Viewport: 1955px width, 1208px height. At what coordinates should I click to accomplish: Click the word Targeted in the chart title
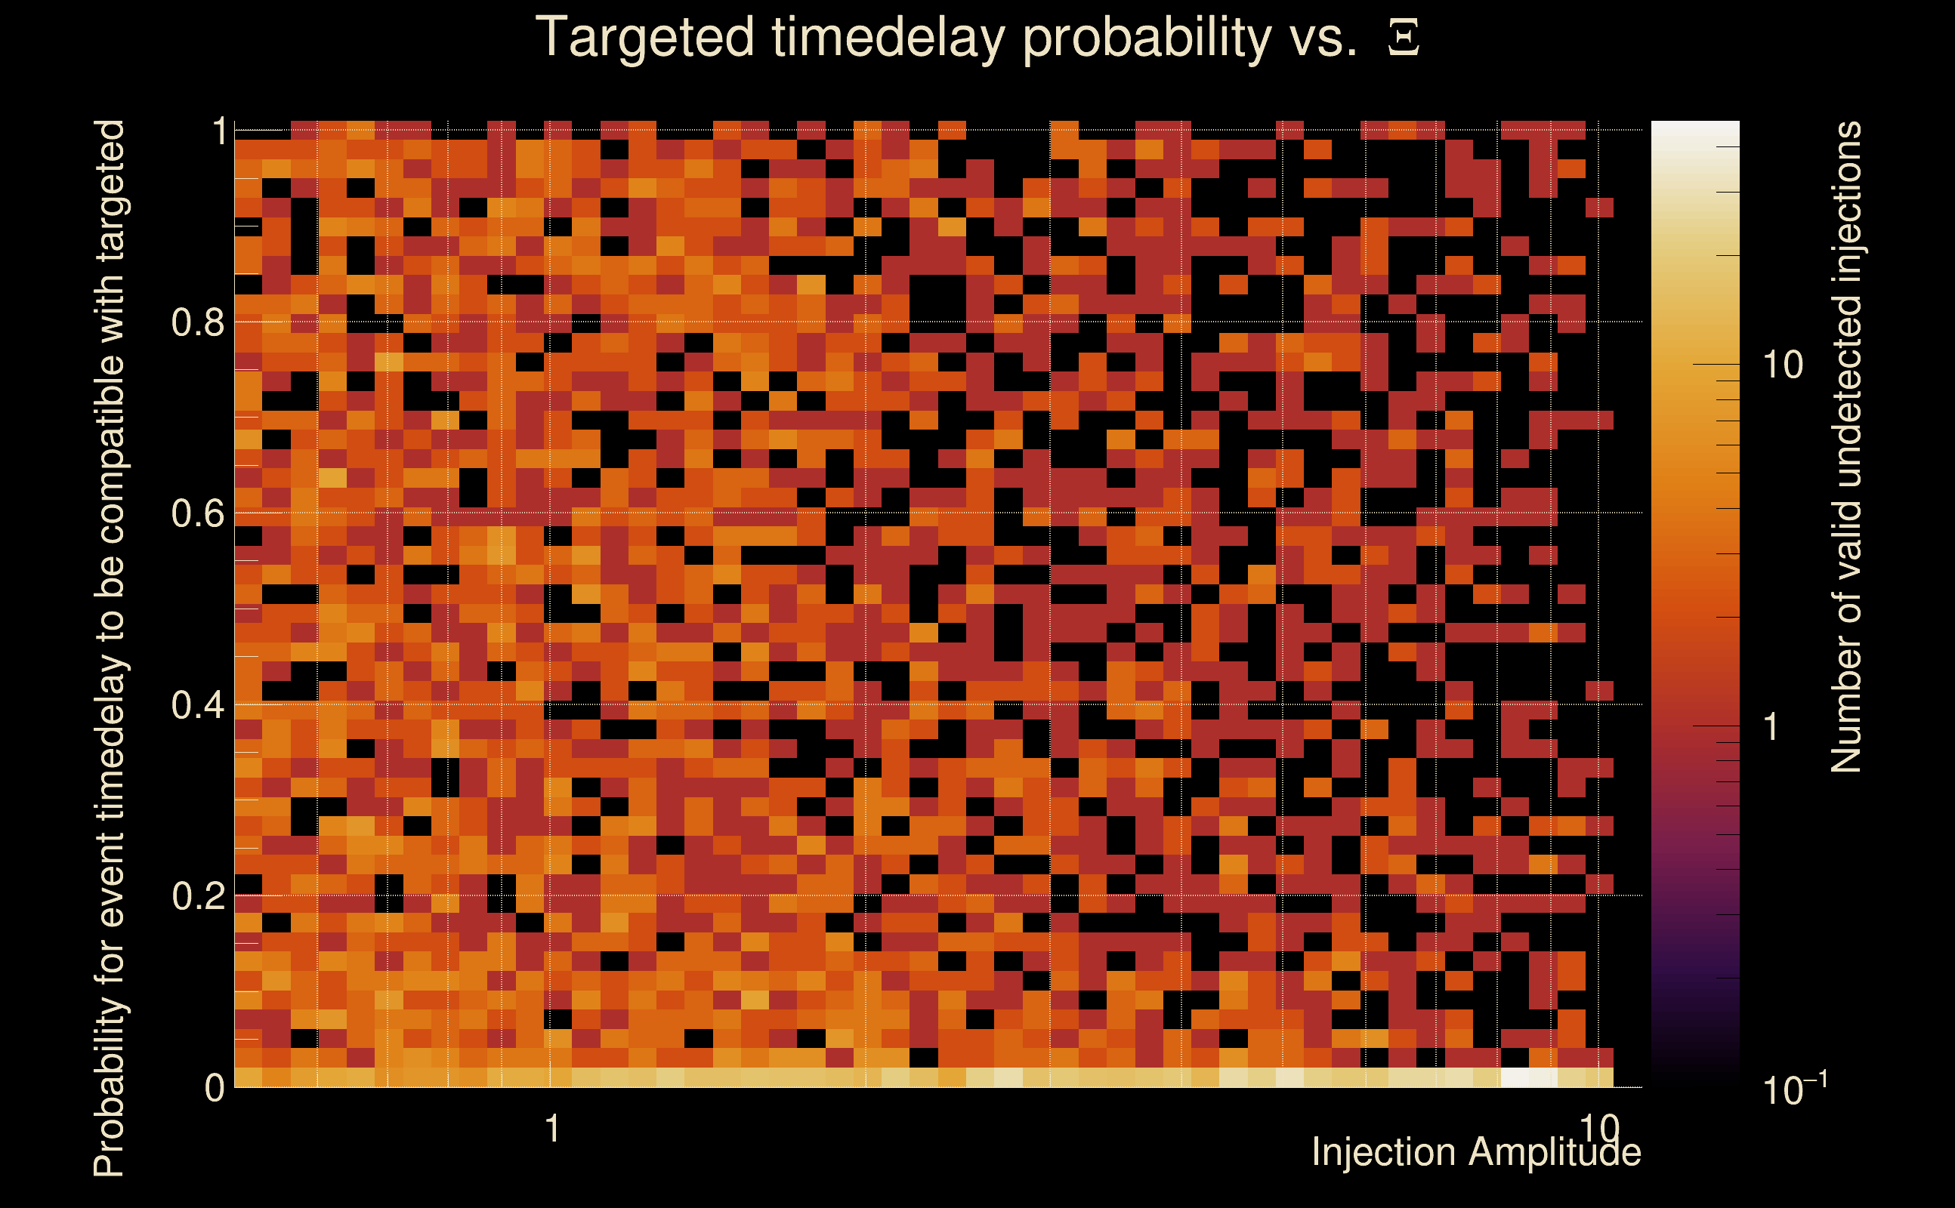[x=644, y=39]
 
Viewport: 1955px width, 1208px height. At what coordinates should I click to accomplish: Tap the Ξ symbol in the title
[x=1404, y=38]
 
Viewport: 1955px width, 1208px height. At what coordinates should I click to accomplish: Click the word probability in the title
[x=1147, y=39]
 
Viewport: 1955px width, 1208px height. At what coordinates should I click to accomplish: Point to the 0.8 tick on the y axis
[x=198, y=323]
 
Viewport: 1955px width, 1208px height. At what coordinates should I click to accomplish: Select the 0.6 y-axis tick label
[x=198, y=513]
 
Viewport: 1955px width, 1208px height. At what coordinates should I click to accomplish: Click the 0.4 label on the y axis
[x=198, y=704]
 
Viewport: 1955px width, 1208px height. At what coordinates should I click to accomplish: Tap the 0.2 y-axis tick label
[x=198, y=895]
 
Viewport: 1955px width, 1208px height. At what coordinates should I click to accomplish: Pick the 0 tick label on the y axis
[x=215, y=1087]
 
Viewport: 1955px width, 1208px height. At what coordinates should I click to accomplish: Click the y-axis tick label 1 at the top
[x=219, y=131]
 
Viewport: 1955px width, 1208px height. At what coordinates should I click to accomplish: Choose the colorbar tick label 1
[x=1771, y=727]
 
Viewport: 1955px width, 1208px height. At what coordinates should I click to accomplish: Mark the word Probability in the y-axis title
[x=110, y=1086]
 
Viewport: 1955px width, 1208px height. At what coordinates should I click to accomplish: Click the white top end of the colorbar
[x=1695, y=126]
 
